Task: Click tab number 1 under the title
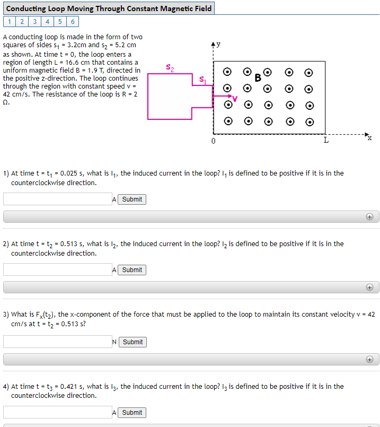point(10,22)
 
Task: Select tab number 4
point(47,22)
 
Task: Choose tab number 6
point(73,22)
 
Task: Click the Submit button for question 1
point(132,199)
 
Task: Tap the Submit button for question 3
point(132,342)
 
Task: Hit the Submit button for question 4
point(132,413)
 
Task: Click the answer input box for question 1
point(58,199)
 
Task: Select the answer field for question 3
point(58,342)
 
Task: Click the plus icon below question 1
point(369,217)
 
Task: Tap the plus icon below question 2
point(369,287)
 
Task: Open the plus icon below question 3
point(369,360)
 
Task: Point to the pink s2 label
point(170,67)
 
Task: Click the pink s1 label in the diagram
point(203,80)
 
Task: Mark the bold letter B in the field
point(258,78)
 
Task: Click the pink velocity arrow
point(222,96)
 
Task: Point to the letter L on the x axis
point(326,140)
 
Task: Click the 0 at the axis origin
point(213,141)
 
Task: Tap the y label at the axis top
point(218,44)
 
